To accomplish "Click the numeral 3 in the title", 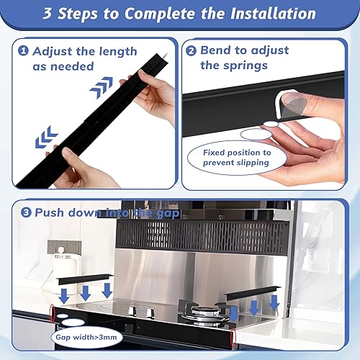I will pyautogui.click(x=50, y=14).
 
